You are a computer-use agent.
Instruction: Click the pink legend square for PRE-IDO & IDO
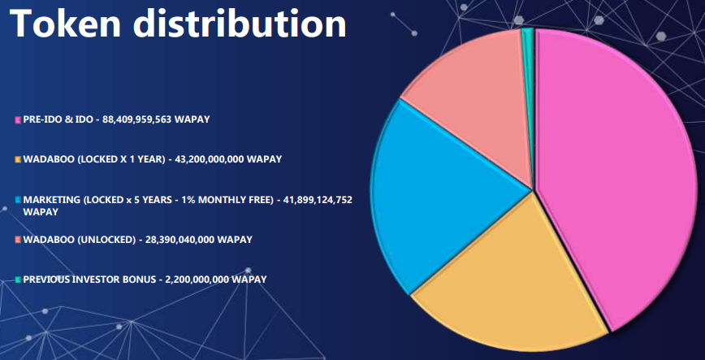18,120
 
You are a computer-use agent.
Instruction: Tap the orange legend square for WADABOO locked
18,160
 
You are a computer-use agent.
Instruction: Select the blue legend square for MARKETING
18,200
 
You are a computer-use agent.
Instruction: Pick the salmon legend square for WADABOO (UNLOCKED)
18,240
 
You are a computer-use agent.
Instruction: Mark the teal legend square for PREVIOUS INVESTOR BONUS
18,280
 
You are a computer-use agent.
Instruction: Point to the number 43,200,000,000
209,160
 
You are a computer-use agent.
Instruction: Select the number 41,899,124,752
318,200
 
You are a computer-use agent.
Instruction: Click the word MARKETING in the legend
52,200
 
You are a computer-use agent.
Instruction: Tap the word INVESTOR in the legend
98,280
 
